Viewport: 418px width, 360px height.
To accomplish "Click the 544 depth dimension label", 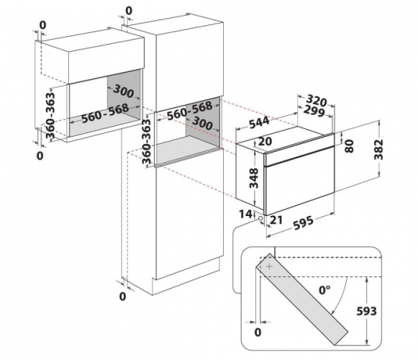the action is (260, 122).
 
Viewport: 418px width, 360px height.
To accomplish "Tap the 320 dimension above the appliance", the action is (316, 100).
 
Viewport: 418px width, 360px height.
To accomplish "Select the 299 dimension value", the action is (314, 110).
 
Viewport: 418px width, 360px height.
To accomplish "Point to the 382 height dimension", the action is (378, 150).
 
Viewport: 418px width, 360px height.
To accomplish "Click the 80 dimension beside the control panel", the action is (349, 146).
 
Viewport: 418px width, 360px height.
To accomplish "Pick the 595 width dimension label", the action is (304, 222).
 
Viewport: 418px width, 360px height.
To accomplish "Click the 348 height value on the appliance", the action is (254, 178).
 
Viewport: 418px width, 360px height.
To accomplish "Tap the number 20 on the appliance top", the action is (265, 141).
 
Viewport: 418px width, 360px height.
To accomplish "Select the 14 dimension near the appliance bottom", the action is (245, 214).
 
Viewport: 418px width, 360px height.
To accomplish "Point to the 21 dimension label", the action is (276, 220).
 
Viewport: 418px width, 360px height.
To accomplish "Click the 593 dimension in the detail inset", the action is (366, 311).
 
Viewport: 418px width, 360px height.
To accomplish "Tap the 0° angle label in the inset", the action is (324, 290).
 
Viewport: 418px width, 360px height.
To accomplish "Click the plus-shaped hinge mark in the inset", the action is (270, 266).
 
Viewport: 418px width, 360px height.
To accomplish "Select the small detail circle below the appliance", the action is (260, 218).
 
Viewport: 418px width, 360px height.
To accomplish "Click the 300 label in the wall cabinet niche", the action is (123, 91).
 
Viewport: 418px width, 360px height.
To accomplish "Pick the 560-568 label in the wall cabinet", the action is (105, 114).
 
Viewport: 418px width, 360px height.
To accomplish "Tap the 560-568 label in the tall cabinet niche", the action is (189, 111).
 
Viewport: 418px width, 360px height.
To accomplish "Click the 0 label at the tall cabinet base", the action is (122, 296).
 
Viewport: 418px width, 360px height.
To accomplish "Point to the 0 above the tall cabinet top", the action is (129, 11).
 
